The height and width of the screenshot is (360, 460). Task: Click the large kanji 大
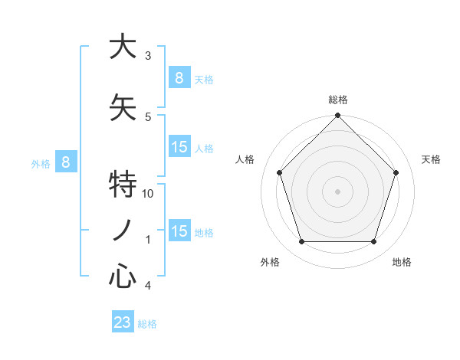tap(122, 47)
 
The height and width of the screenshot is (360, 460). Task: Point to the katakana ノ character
tap(122, 231)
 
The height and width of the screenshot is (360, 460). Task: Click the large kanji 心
tap(122, 277)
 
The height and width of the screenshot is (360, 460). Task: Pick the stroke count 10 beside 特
tap(149, 194)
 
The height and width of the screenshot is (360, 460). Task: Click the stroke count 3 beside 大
tap(148, 56)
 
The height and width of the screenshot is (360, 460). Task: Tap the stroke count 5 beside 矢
tap(148, 116)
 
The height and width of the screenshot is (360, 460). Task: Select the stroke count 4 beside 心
tap(148, 286)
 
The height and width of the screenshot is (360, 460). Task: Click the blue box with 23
tap(123, 322)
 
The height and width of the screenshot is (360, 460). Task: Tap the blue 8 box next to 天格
tap(179, 77)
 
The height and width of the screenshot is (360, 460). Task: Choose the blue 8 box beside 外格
tap(66, 162)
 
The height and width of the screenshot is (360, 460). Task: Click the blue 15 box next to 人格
tap(179, 146)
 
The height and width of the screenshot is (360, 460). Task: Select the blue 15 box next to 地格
tap(179, 231)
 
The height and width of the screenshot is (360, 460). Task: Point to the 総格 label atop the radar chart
tap(337, 100)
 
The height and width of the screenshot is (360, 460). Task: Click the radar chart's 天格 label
tap(432, 159)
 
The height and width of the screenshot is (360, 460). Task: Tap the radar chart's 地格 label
tap(402, 263)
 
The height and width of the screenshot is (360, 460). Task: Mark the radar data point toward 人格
tap(279, 172)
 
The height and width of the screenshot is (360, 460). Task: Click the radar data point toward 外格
tap(301, 242)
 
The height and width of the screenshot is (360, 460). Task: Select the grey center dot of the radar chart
tap(337, 191)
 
